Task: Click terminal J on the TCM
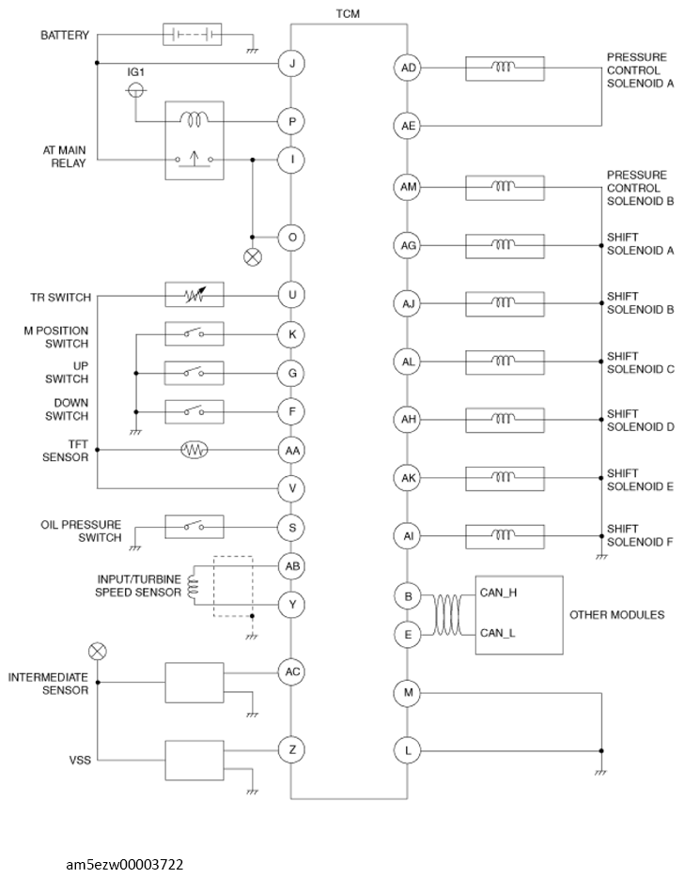292,63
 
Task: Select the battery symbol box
193,34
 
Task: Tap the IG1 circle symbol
135,89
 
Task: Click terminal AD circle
409,68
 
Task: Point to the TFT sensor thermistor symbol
194,450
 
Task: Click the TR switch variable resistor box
194,295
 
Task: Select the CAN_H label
498,593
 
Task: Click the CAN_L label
497,633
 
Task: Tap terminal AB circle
292,566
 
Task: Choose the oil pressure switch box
194,527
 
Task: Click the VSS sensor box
194,761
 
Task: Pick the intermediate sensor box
194,683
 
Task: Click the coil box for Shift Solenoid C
505,362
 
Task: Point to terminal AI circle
409,536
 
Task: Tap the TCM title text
348,13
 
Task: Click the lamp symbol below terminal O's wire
253,257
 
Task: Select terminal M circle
408,693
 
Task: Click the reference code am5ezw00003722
124,865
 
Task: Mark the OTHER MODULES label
616,615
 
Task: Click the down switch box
194,411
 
